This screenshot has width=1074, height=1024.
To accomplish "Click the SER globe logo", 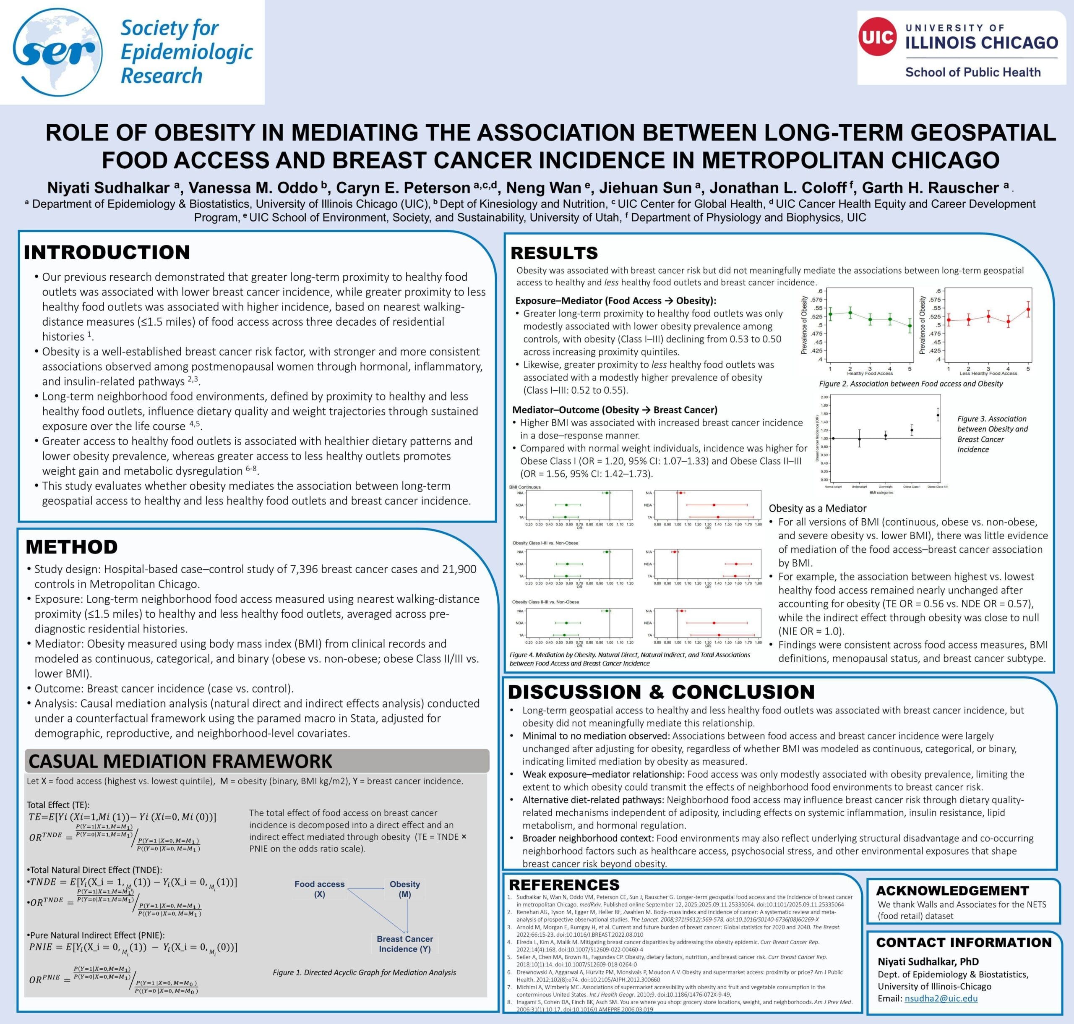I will pos(57,52).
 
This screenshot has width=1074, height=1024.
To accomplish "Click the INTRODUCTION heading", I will pos(107,252).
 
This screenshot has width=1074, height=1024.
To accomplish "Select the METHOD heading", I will pos(71,547).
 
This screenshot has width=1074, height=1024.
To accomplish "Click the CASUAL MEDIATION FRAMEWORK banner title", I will pos(180,761).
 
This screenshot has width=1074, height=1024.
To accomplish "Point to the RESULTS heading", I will pos(554,253).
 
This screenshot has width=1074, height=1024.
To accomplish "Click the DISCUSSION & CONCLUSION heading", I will pos(661,692).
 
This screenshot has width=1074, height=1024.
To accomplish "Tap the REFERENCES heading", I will pos(564,885).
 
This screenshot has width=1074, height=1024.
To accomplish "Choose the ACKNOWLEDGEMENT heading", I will pos(952,891).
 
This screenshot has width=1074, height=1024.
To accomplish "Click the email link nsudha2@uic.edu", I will pos(941,998).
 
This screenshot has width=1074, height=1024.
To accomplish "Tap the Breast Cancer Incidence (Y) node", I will pos(404,944).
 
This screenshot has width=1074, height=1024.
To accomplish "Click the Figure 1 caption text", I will pos(364,972).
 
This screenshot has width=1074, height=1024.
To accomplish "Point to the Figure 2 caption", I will pos(911,384).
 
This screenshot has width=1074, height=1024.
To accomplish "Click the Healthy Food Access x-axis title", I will pos(870,374).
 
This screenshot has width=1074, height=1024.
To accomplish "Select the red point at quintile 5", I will pos(1028,309).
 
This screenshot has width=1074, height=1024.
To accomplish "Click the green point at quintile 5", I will pos(910,326).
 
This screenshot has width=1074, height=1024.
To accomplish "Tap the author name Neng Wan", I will pos(542,188).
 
